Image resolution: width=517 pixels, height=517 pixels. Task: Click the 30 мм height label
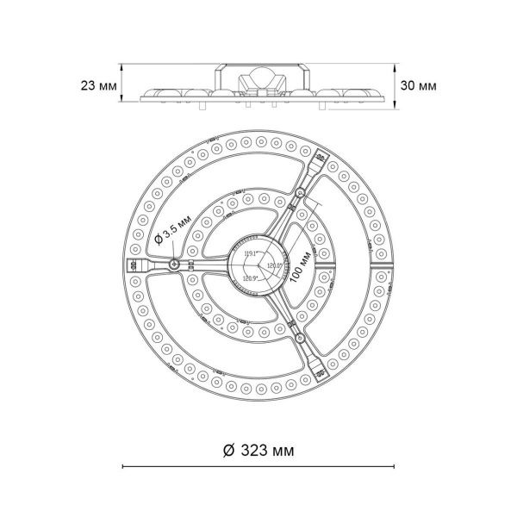click(418, 86)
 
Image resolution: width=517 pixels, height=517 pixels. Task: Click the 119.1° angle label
click(252, 252)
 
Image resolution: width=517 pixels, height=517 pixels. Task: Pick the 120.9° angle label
click(252, 278)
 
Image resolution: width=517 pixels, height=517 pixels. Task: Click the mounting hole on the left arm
click(175, 265)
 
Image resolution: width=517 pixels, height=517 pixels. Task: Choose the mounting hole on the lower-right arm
click(298, 339)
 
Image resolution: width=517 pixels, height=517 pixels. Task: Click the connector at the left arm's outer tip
click(134, 265)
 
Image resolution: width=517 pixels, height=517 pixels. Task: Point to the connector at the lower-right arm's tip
click(321, 372)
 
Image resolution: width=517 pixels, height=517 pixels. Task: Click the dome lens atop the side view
click(259, 77)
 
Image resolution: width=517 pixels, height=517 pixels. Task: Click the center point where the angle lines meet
click(258, 265)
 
